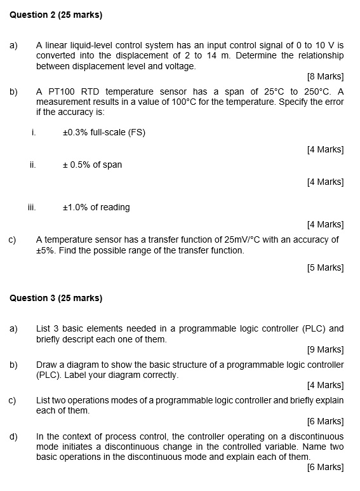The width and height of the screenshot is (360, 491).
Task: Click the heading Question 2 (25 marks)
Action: pos(57,15)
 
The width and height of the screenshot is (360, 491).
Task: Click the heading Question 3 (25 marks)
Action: pos(57,298)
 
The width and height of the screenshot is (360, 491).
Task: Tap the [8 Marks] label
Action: pos(325,77)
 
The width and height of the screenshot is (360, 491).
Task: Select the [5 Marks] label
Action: pos(325,267)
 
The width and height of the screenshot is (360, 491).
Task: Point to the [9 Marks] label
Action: pos(325,350)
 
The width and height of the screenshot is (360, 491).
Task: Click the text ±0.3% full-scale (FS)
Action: pos(104,133)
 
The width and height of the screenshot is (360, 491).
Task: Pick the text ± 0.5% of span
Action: pos(92,165)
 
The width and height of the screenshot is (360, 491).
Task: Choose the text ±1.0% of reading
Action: pos(96,208)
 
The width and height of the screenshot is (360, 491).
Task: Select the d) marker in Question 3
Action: pos(13,436)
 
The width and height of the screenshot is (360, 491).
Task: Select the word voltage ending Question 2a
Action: pos(180,66)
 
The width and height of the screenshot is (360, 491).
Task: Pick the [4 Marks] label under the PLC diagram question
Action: pos(325,386)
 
